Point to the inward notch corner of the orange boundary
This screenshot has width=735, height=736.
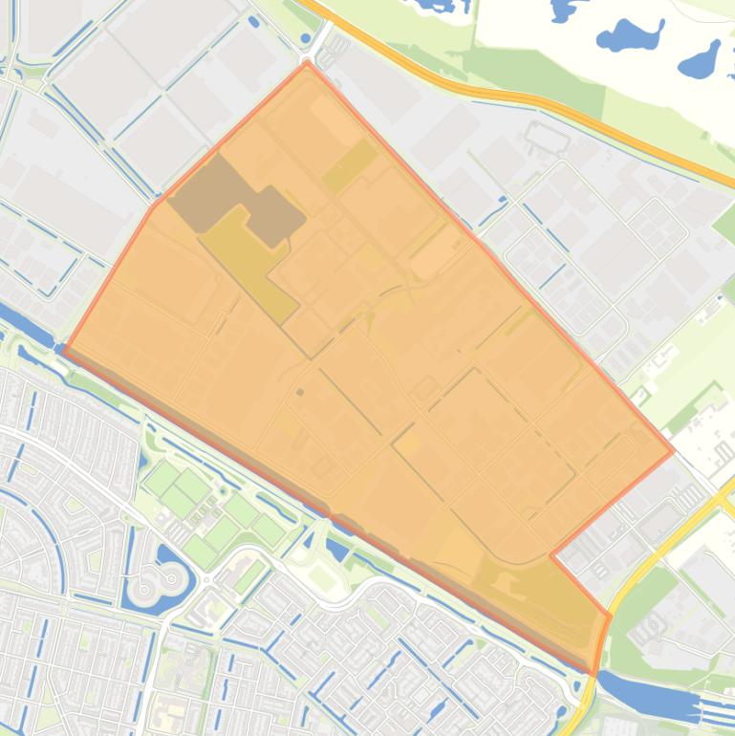pos(551,554)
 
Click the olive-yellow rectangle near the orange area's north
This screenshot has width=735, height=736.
pos(350,166)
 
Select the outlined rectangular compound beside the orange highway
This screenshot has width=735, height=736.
pos(547,137)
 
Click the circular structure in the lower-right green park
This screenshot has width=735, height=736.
pos(657,626)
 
